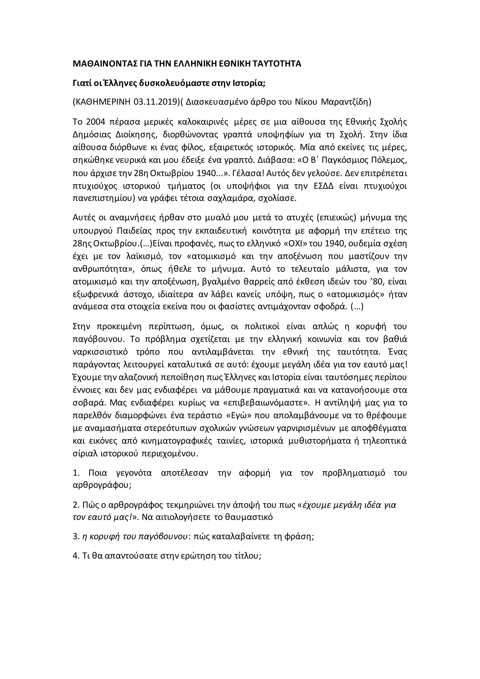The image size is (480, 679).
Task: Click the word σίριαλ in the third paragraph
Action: tap(82, 454)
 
